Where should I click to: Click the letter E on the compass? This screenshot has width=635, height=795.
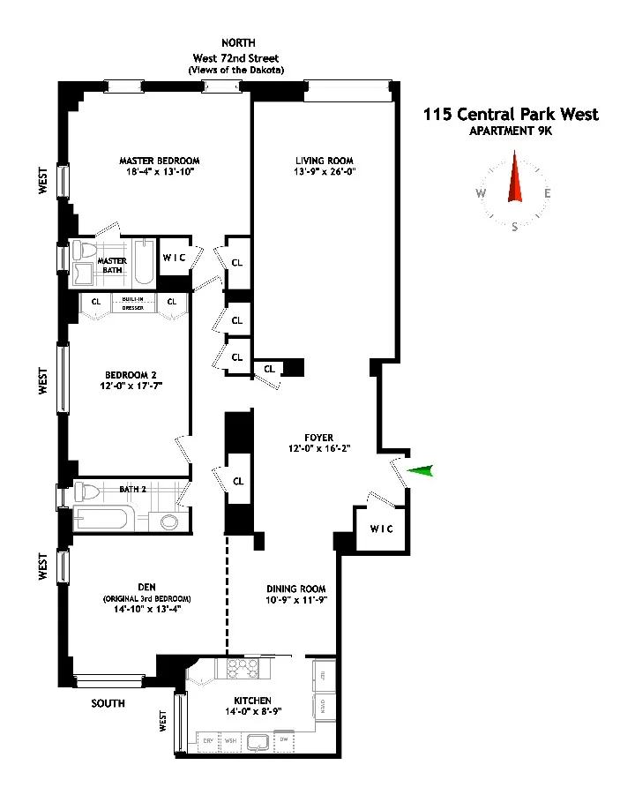pyautogui.click(x=548, y=194)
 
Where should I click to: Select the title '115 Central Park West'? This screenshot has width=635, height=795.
pyautogui.click(x=511, y=115)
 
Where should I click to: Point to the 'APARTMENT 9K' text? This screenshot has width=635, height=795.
pyautogui.click(x=511, y=132)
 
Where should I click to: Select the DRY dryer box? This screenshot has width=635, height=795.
pyautogui.click(x=208, y=740)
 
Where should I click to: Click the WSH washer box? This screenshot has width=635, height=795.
pyautogui.click(x=231, y=740)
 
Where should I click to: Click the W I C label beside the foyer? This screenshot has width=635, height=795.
pyautogui.click(x=382, y=529)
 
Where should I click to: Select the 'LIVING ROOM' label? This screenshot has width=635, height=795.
pyautogui.click(x=325, y=161)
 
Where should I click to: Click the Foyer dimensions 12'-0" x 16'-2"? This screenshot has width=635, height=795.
pyautogui.click(x=318, y=448)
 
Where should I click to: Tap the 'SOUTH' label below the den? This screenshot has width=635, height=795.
pyautogui.click(x=108, y=703)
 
